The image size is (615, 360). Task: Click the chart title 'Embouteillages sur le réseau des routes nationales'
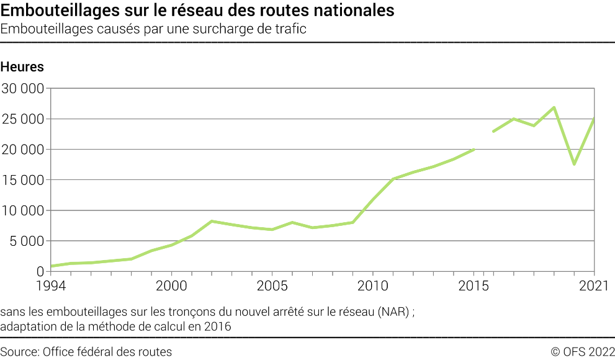[197, 11]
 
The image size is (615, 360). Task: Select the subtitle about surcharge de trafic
[154, 29]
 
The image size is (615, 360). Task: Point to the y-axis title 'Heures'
[22, 67]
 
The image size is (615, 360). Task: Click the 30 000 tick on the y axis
[22, 88]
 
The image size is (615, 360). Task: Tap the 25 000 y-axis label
[22, 119]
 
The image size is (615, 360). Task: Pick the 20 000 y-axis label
[22, 150]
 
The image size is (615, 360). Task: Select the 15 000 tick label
[22, 180]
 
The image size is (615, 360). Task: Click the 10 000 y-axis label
[22, 210]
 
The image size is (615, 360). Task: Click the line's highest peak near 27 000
[554, 107]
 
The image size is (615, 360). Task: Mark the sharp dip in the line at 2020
[574, 164]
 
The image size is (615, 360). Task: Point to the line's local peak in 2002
[212, 221]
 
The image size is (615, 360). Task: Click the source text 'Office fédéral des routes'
[107, 352]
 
